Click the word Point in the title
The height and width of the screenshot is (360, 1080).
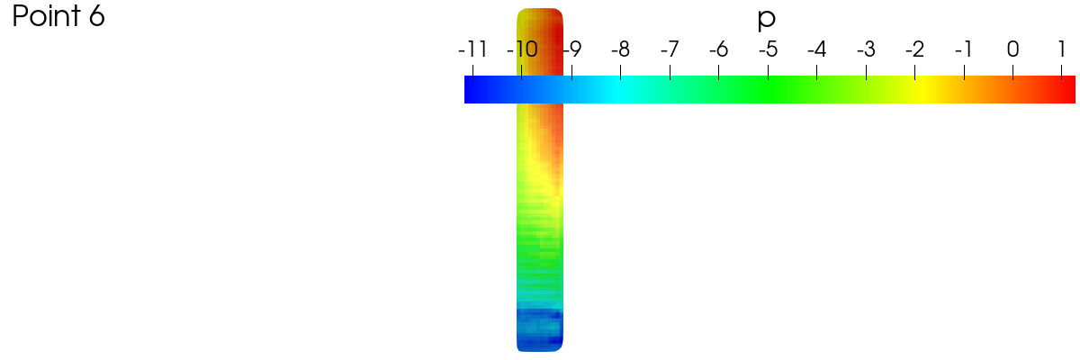46,16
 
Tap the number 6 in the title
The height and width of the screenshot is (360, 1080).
97,16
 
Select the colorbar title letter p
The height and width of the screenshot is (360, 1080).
766,20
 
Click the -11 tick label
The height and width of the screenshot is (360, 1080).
472,49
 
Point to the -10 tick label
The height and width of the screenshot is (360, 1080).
522,49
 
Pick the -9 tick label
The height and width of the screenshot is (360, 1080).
572,49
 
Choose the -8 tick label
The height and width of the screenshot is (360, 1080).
620,49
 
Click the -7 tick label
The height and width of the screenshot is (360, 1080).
670,49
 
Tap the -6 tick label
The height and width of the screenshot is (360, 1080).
718,49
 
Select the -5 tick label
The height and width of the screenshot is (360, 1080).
768,49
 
